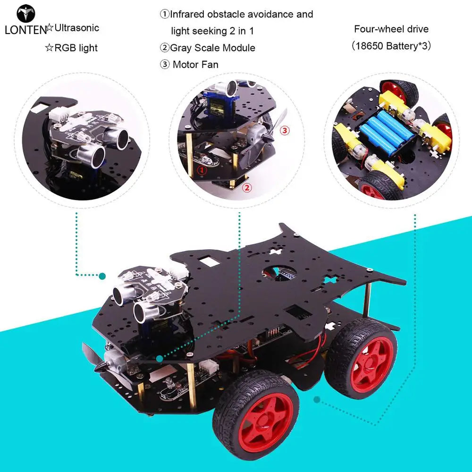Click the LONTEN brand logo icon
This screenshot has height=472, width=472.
click(26, 14)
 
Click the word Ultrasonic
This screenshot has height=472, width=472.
click(77, 28)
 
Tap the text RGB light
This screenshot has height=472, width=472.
click(76, 48)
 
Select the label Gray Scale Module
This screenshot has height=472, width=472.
click(212, 48)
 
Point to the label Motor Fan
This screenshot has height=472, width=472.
click(195, 64)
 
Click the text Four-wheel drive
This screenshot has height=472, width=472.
click(391, 29)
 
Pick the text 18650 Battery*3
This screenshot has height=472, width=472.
click(391, 46)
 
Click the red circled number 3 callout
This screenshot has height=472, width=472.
click(285, 130)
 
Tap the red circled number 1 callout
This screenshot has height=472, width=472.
click(202, 170)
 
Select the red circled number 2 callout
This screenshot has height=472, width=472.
click(247, 188)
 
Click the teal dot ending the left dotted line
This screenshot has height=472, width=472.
click(102, 276)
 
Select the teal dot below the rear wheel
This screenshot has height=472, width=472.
click(317, 400)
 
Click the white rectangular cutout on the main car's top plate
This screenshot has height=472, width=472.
click(210, 261)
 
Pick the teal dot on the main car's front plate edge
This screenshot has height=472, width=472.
click(160, 359)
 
